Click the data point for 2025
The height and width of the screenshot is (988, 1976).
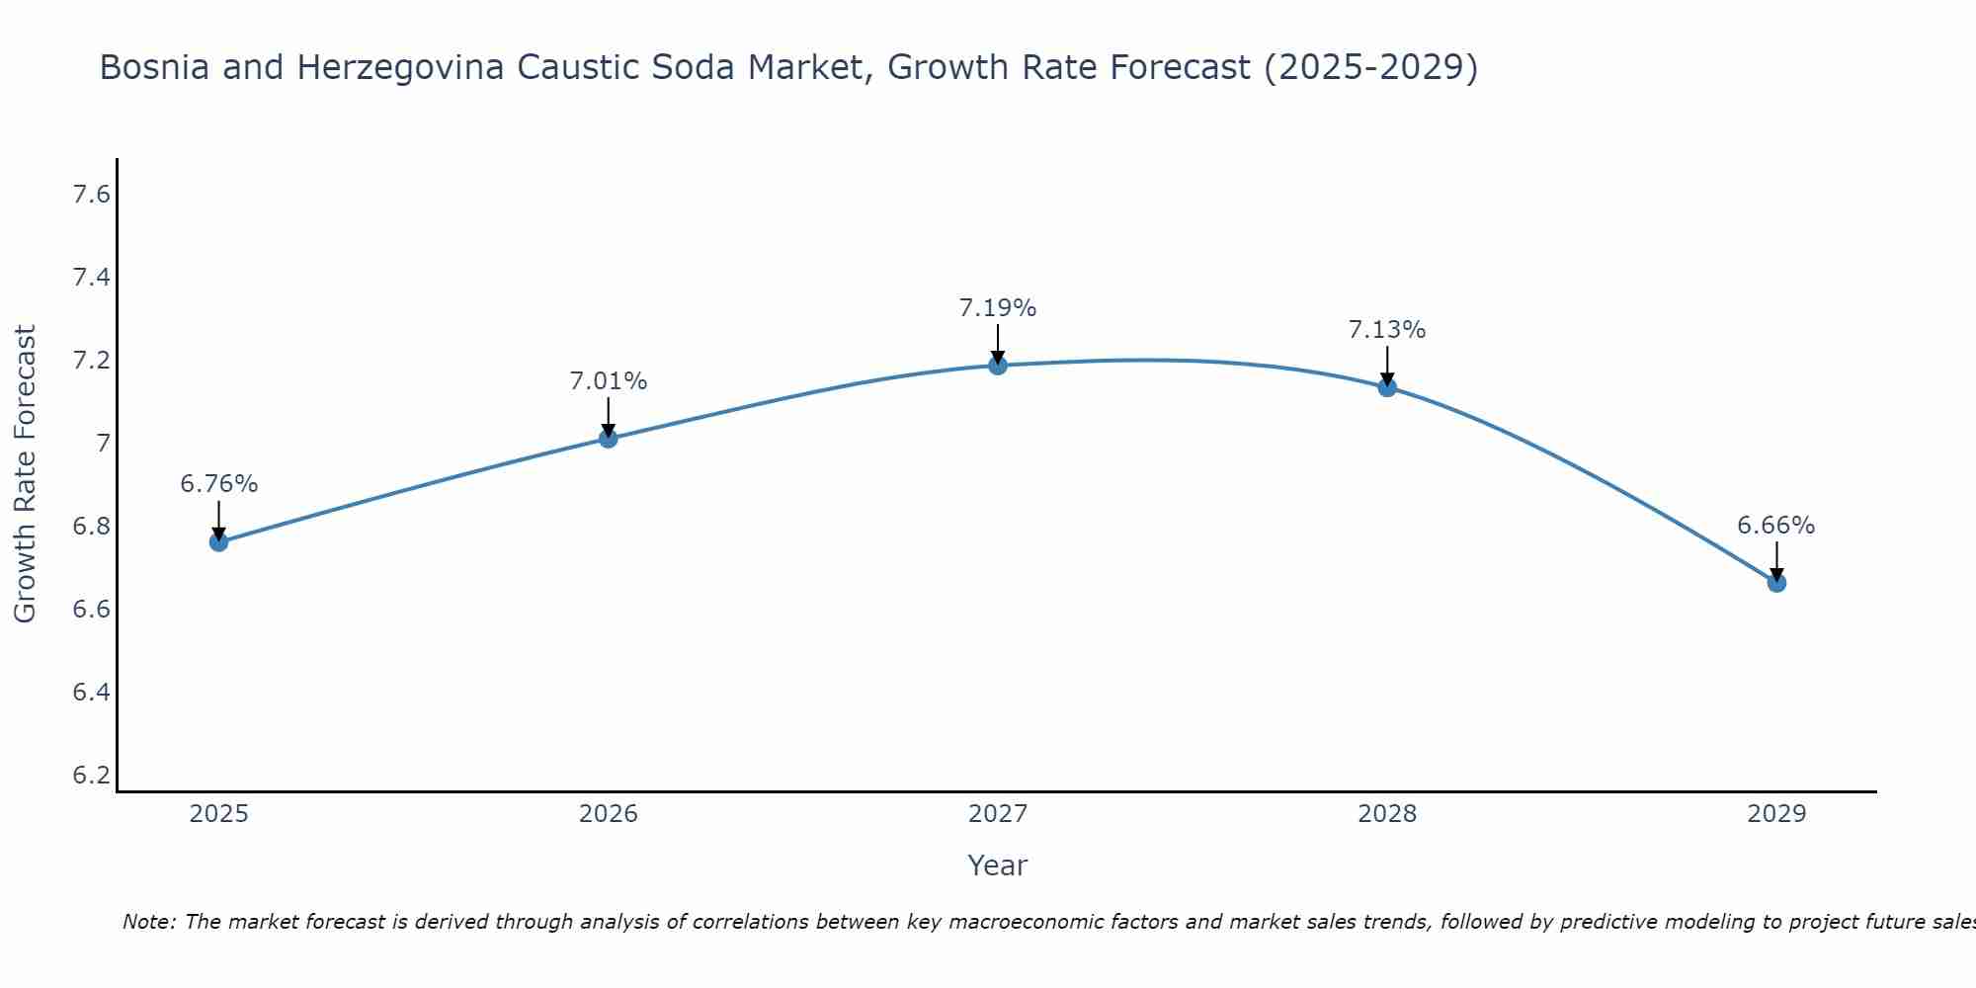218,541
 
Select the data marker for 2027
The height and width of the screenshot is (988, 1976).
998,366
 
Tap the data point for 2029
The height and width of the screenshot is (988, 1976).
1776,583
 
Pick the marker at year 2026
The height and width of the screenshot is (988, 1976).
609,438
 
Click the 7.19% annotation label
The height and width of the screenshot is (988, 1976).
998,308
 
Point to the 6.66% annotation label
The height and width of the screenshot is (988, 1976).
1776,526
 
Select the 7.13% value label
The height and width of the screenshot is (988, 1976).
1387,330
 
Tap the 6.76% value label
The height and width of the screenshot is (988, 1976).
218,484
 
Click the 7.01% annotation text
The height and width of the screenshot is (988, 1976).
609,381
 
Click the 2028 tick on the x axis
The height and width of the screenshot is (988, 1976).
1387,814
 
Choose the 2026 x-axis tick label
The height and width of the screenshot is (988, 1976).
609,814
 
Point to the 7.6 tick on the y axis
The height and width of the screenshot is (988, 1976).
91,195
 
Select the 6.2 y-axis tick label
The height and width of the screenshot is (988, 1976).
91,775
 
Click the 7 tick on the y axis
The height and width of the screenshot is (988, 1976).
103,444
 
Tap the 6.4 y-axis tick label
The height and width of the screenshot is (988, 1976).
91,692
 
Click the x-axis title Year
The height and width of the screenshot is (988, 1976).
998,865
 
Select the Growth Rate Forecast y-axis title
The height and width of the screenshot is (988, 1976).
25,474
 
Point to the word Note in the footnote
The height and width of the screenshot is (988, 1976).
148,922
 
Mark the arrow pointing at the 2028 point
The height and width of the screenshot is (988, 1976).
1387,366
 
